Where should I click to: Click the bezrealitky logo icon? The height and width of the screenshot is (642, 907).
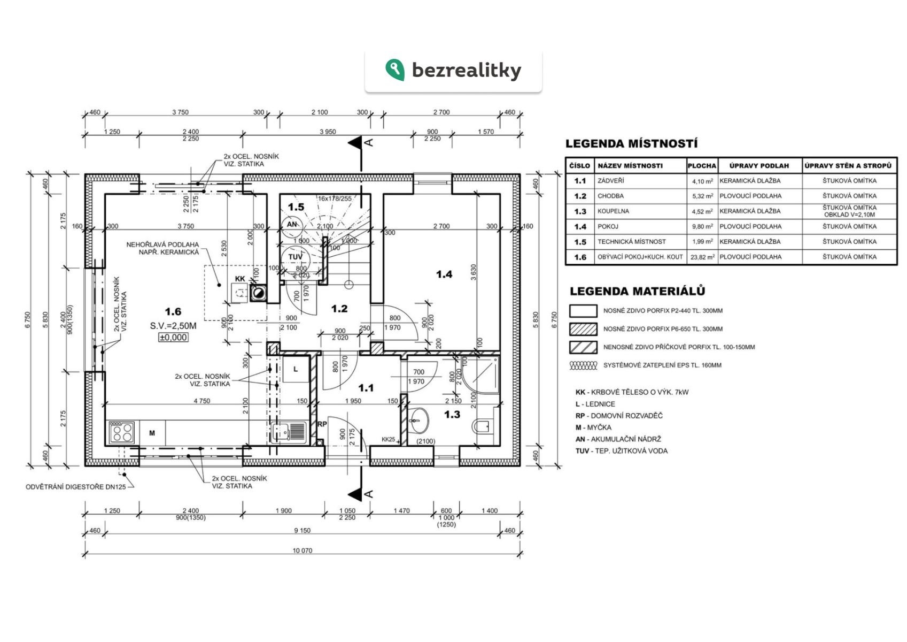click(x=394, y=70)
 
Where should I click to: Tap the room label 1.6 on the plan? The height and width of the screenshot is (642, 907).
click(x=173, y=311)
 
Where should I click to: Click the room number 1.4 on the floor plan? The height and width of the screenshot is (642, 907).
click(x=444, y=274)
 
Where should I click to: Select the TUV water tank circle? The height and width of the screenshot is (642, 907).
click(x=295, y=257)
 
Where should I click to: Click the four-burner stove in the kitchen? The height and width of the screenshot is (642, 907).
click(x=121, y=432)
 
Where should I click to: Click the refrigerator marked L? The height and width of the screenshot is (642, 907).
click(x=296, y=370)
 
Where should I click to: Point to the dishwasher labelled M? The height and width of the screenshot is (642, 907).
click(x=152, y=433)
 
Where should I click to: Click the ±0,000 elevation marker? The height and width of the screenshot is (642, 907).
click(x=173, y=338)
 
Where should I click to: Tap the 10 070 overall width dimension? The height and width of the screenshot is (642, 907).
click(x=303, y=551)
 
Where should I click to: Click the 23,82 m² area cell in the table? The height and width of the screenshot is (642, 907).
click(x=702, y=257)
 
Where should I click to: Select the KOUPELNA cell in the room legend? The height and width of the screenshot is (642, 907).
click(x=613, y=211)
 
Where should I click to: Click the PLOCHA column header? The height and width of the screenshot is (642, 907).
click(x=701, y=166)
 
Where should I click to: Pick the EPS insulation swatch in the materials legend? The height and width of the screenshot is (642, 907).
click(x=583, y=365)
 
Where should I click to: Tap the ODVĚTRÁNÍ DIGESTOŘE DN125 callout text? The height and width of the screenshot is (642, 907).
click(x=76, y=487)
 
